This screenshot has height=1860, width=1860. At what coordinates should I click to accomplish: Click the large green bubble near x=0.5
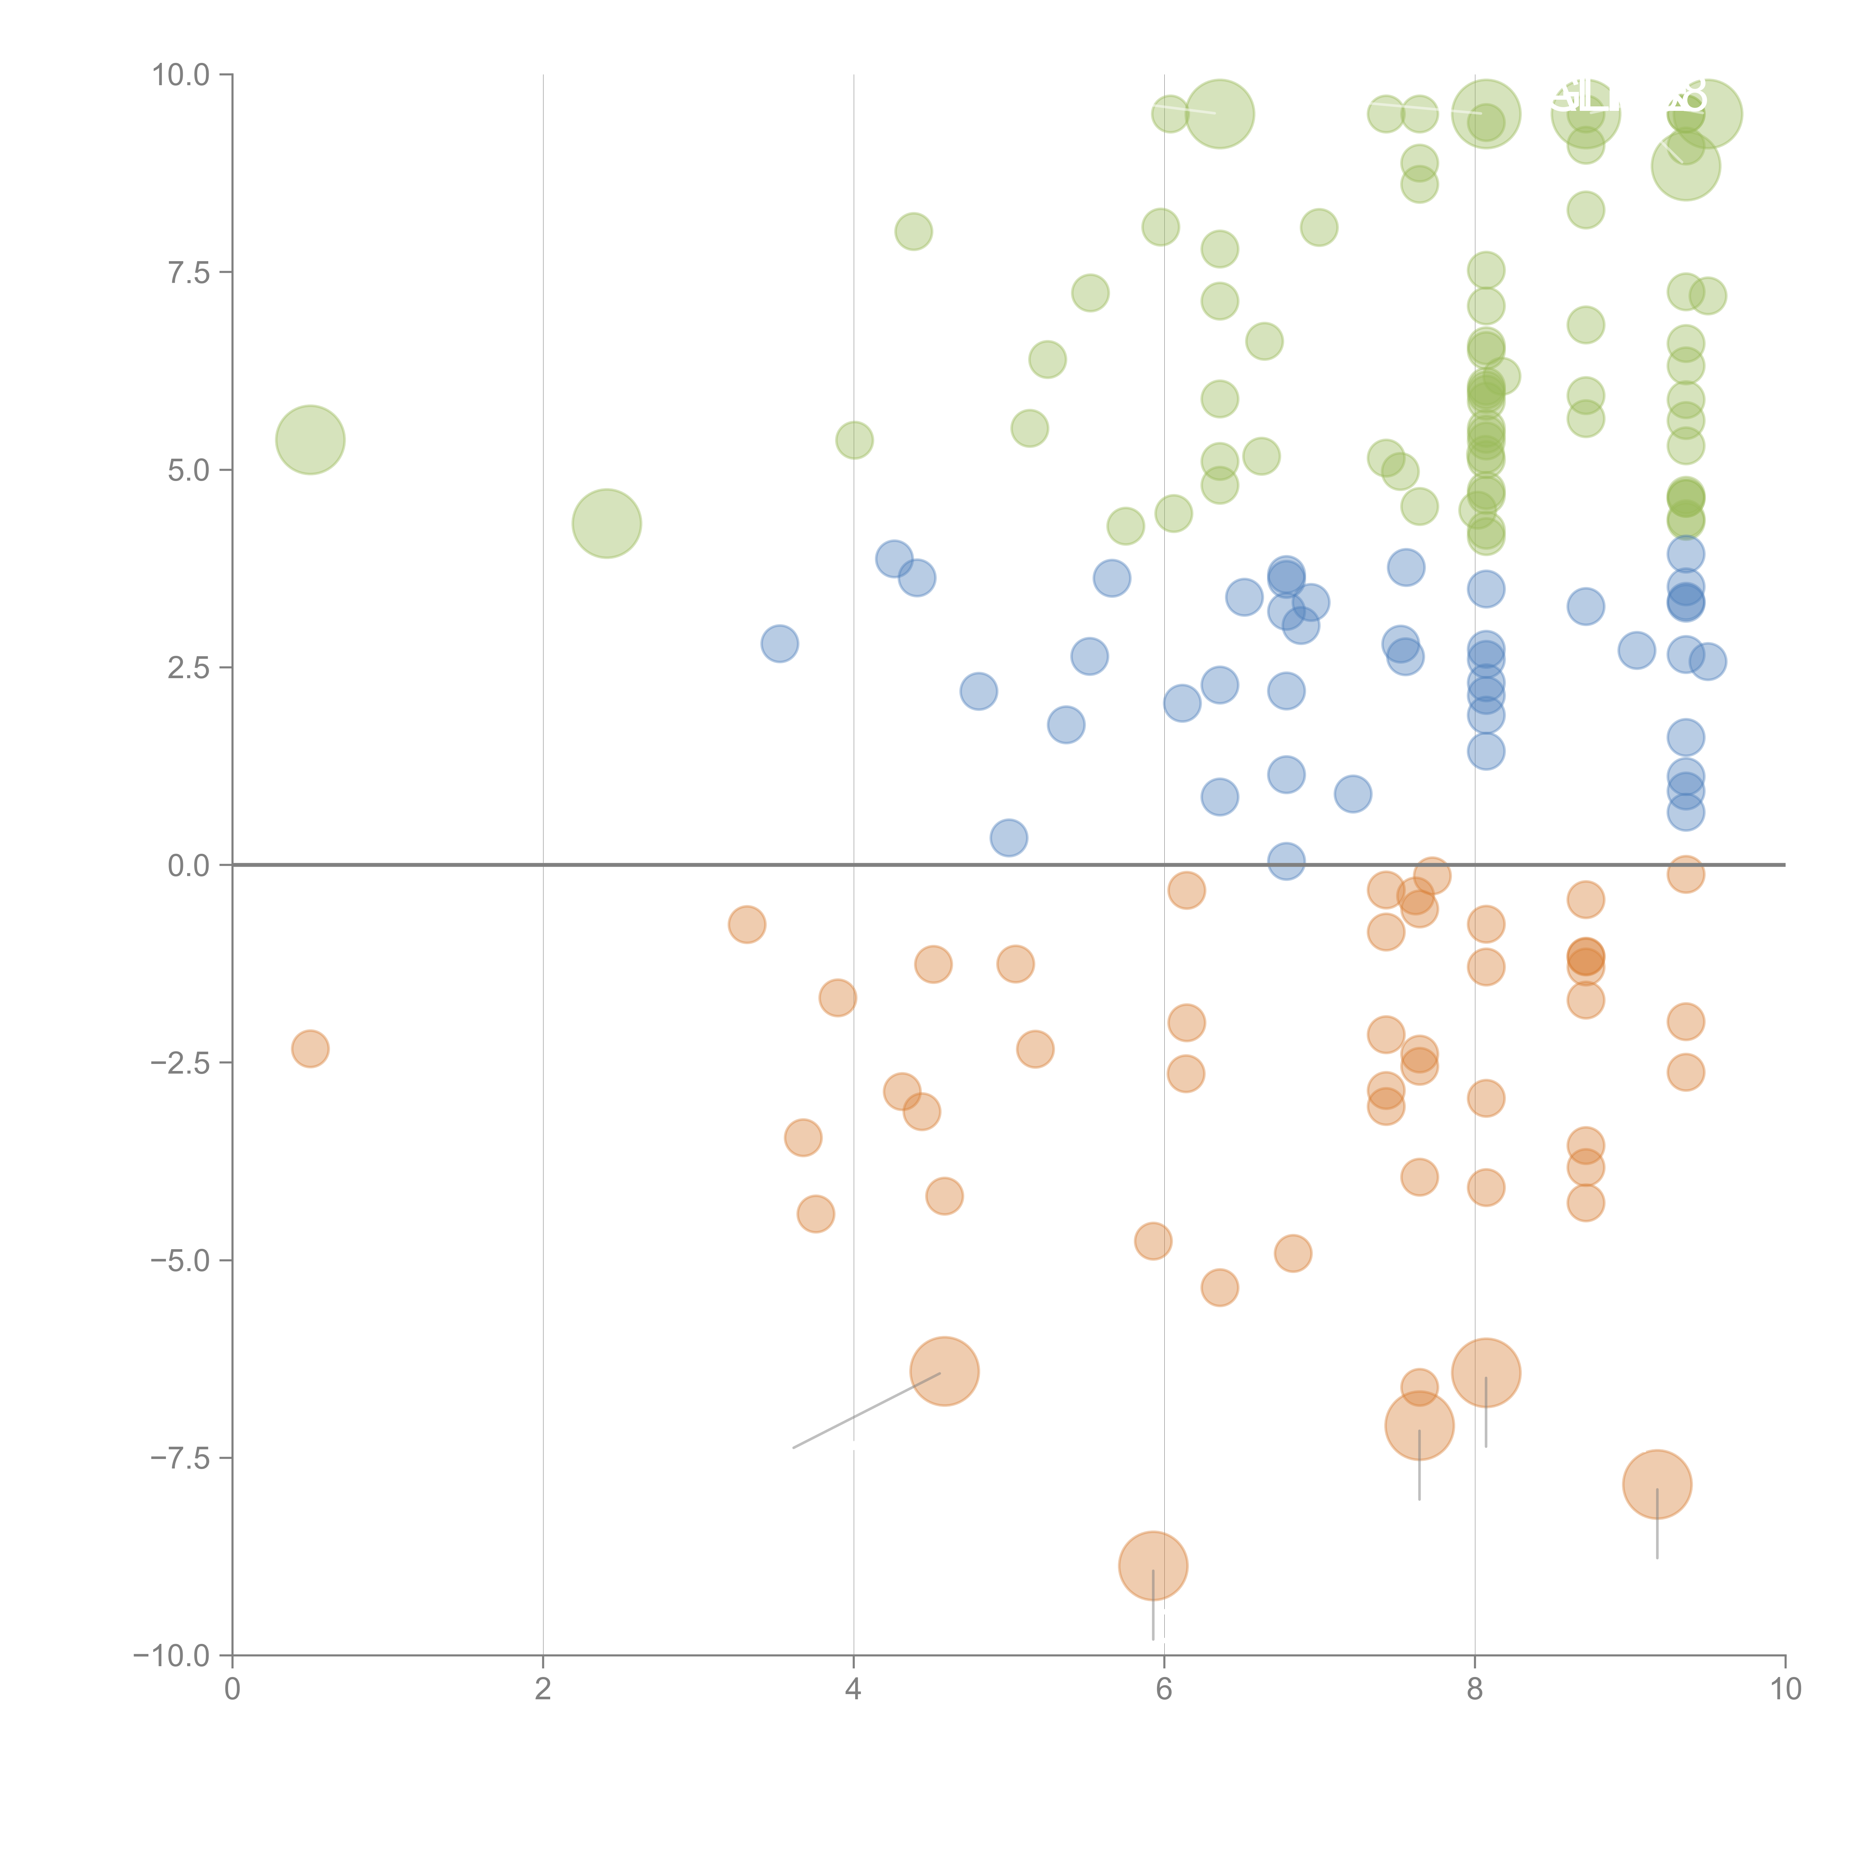click(x=310, y=440)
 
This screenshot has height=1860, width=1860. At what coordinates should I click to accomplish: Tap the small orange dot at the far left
click(x=310, y=1048)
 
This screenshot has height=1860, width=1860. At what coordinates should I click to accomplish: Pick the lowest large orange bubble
click(x=1153, y=1565)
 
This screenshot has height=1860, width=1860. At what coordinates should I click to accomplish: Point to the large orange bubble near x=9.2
click(x=1657, y=1484)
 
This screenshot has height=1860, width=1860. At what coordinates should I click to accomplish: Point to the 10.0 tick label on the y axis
click(x=181, y=75)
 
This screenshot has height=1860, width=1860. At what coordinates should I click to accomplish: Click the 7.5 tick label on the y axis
click(x=189, y=272)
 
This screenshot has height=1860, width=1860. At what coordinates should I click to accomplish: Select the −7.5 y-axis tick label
click(x=181, y=1457)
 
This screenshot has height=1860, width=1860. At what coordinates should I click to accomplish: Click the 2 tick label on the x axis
click(x=543, y=1689)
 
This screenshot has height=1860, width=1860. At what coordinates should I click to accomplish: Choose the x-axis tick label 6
click(x=1164, y=1689)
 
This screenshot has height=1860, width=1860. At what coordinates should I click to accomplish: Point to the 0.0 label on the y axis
click(x=189, y=866)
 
